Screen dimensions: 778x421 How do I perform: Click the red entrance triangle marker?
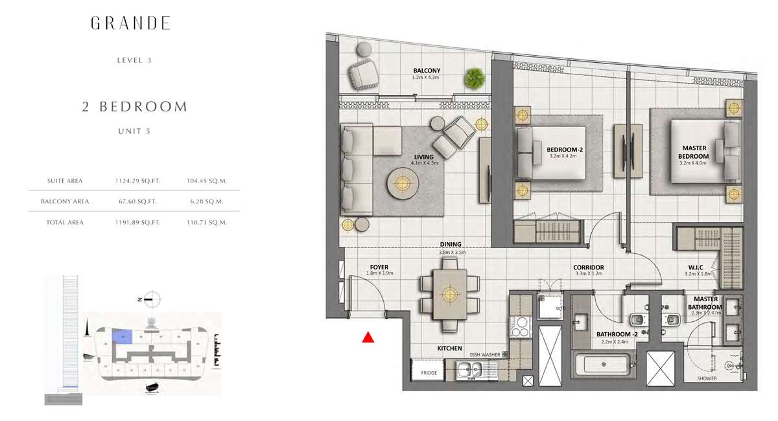point(368,337)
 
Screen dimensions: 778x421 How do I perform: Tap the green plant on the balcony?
point(475,78)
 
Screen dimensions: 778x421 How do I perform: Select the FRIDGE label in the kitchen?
point(429,373)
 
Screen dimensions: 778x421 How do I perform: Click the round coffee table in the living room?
point(403,183)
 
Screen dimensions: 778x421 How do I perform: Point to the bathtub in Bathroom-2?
point(604,365)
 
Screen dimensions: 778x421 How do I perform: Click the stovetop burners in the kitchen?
point(519,327)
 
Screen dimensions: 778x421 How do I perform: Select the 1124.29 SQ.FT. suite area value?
point(137,181)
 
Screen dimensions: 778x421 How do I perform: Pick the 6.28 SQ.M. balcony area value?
point(207,201)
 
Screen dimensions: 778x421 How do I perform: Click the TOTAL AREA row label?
point(65,222)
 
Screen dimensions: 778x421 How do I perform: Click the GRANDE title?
point(130,23)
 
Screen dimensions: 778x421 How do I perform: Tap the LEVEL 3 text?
point(134,60)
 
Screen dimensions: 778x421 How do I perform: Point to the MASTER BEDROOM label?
point(694,152)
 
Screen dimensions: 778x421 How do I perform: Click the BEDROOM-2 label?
point(565,150)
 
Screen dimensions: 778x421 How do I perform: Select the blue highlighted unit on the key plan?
point(123,337)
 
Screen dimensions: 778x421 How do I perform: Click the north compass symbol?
point(152,299)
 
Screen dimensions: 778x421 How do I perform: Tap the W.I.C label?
point(696,267)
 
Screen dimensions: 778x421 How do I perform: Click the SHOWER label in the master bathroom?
point(707,378)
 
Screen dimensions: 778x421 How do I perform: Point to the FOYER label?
point(379,267)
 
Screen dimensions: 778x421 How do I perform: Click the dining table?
point(450,294)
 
